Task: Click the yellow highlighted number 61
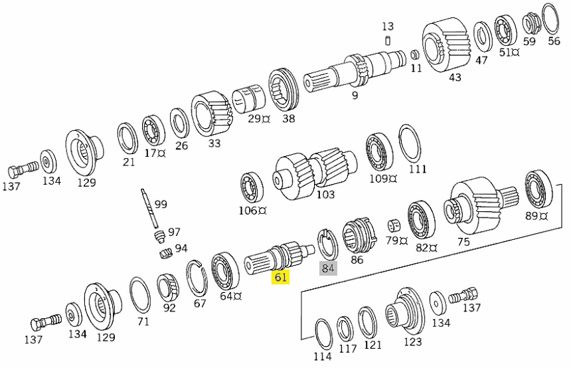point(280,278)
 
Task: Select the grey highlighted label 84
point(328,268)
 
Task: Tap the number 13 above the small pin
point(388,27)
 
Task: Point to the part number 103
point(325,195)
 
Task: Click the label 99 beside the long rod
point(161,204)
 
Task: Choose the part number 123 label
point(412,342)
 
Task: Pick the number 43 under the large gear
point(455,77)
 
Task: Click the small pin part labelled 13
point(387,41)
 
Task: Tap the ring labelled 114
point(322,333)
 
